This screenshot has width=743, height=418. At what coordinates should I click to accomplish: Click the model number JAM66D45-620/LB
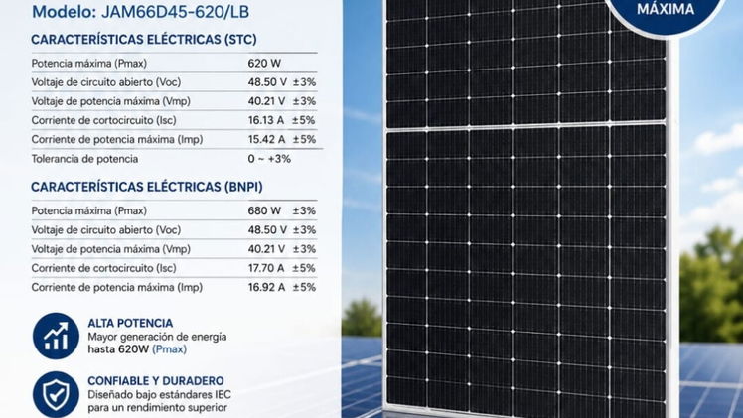176,12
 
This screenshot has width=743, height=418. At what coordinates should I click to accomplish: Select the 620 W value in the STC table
264,64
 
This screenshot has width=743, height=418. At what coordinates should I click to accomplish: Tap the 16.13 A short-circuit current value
266,120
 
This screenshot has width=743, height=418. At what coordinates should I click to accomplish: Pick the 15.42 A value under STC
266,139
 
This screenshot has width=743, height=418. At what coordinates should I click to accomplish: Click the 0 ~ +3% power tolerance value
269,159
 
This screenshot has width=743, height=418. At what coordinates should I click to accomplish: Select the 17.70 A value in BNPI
266,268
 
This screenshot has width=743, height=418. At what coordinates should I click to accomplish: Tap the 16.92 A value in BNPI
266,287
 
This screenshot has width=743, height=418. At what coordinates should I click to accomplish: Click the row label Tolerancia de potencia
84,159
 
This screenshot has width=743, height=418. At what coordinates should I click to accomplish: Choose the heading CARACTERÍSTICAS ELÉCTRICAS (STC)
144,40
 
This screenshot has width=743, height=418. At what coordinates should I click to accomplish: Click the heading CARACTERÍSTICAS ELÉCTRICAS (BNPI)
147,187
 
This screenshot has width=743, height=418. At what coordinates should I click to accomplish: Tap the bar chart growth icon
56,337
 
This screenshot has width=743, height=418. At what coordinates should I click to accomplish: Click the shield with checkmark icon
56,394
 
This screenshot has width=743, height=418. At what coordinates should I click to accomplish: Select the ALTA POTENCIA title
130,323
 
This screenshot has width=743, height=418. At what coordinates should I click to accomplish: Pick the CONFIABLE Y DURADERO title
156,381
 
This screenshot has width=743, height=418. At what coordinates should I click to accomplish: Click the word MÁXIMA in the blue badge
666,9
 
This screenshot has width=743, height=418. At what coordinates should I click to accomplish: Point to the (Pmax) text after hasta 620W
170,349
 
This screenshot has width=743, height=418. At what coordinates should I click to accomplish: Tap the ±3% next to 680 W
304,210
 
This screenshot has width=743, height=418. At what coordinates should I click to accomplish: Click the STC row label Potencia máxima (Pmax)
89,64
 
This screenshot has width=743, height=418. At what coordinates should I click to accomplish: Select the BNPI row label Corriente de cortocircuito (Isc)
103,268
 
